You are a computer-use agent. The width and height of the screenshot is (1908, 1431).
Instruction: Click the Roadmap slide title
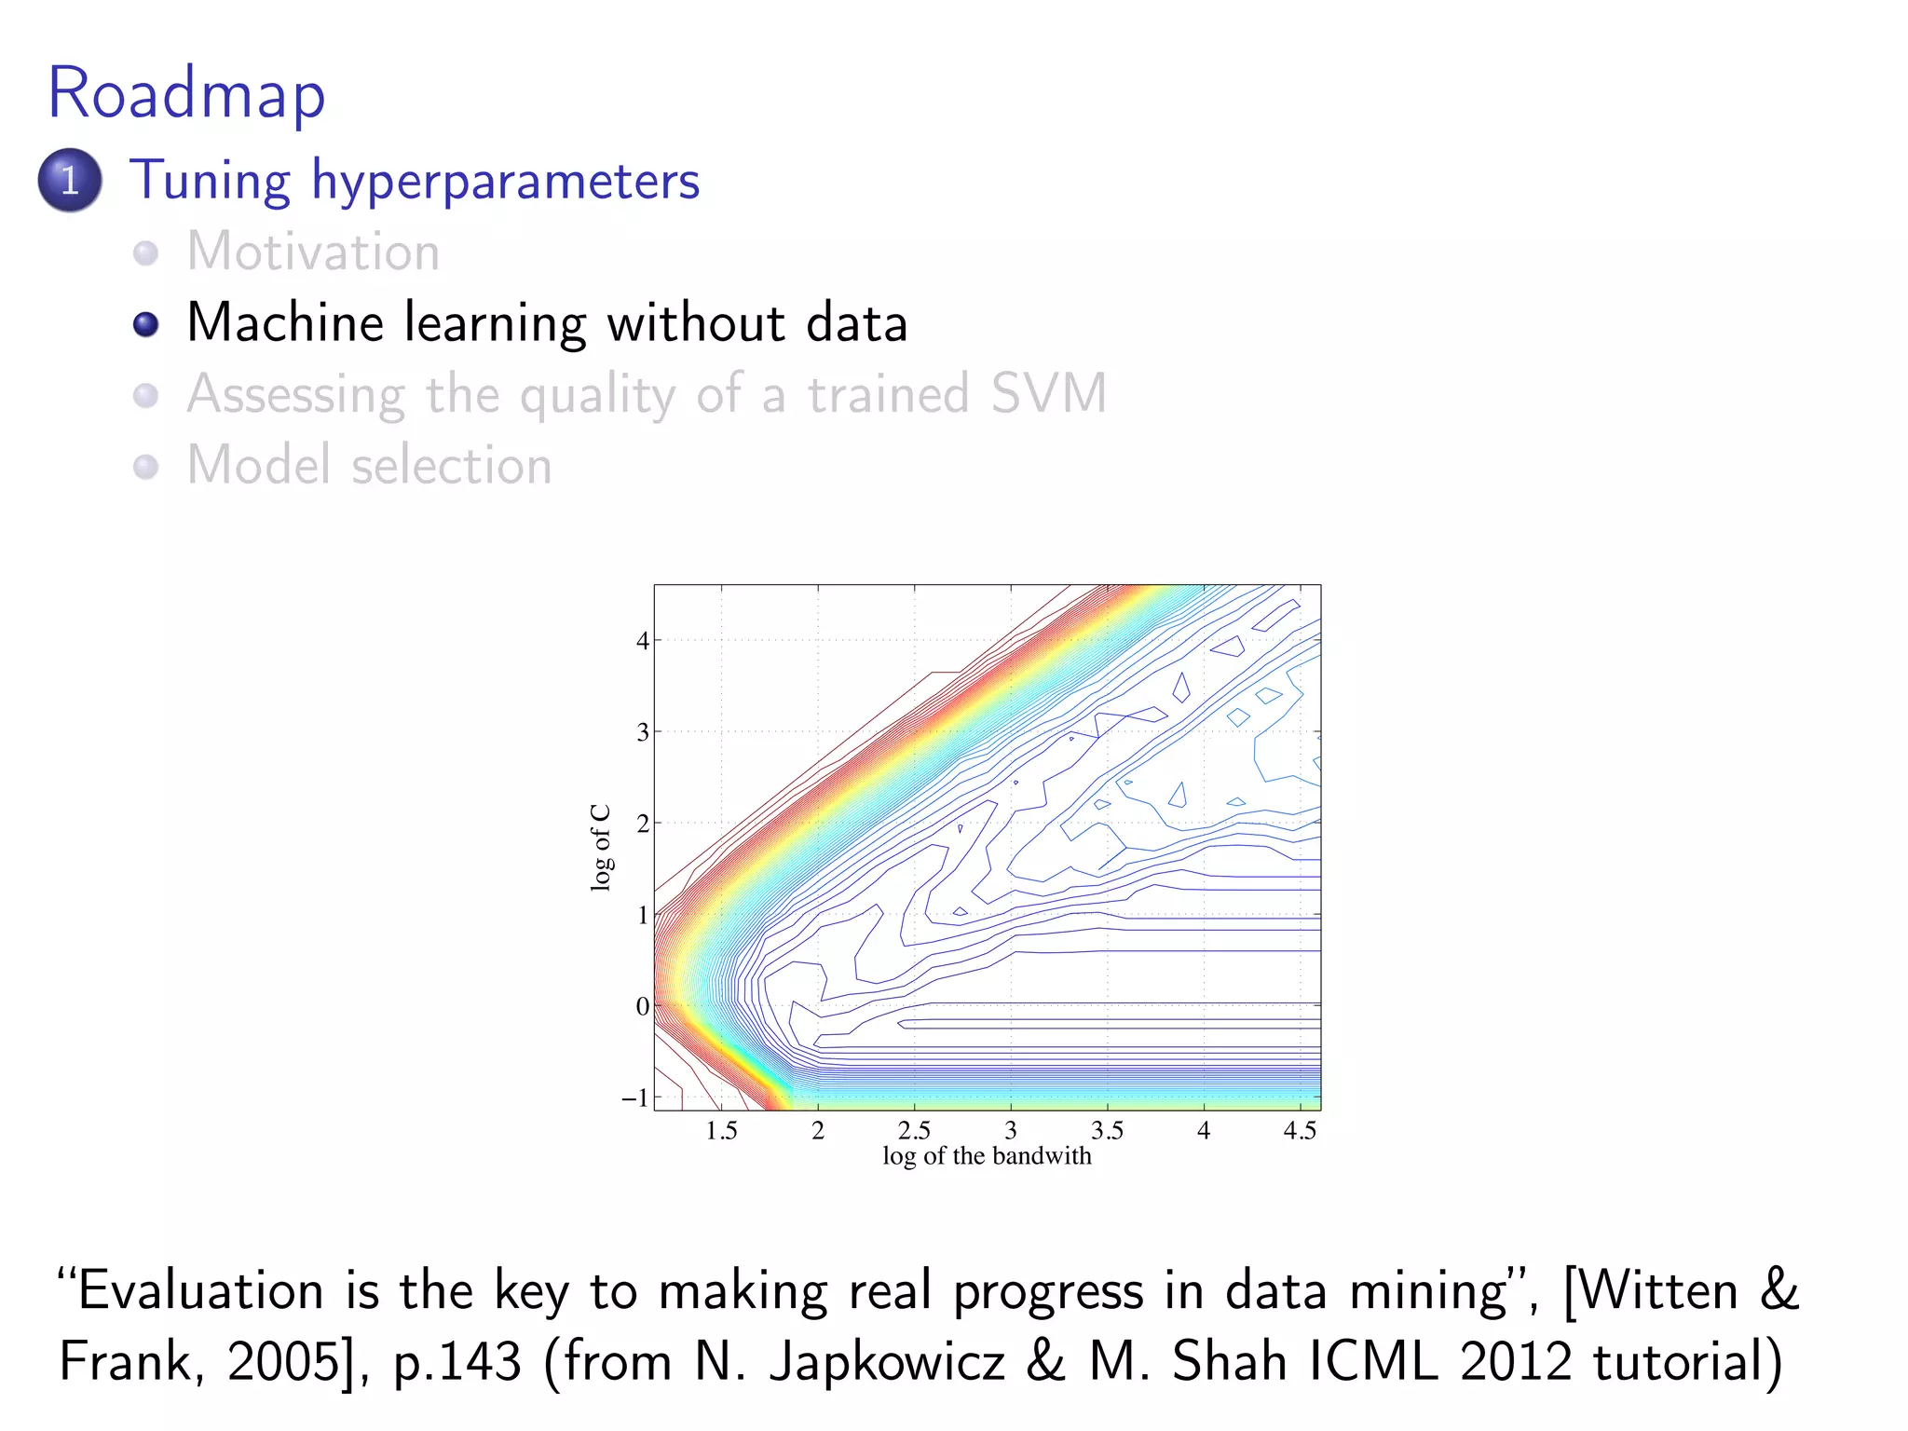[x=186, y=93]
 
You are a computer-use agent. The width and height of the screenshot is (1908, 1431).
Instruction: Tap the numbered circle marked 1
[x=70, y=180]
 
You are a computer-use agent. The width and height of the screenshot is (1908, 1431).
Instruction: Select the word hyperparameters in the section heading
[x=505, y=181]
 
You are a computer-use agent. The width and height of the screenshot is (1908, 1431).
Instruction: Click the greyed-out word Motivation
[x=313, y=252]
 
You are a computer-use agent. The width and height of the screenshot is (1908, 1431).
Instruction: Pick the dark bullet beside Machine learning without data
[x=146, y=324]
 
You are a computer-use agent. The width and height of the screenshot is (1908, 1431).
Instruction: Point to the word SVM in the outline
[x=1048, y=393]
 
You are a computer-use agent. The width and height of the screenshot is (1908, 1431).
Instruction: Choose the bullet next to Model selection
[x=146, y=466]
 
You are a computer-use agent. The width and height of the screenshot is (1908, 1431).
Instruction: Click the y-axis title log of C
[x=601, y=847]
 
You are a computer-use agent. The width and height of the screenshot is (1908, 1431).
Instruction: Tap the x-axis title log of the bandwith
[x=987, y=1156]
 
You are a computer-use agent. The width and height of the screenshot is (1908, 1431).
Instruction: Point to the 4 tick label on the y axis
[x=642, y=641]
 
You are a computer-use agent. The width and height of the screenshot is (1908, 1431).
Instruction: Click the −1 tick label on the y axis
[x=635, y=1097]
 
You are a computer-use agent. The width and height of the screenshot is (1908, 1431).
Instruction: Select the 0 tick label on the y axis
[x=642, y=1006]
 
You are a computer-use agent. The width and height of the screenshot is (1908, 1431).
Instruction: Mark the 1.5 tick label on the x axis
[x=721, y=1131]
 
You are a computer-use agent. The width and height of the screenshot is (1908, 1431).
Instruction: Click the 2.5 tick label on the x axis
[x=914, y=1131]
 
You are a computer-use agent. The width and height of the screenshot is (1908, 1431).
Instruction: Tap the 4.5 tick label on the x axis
[x=1300, y=1131]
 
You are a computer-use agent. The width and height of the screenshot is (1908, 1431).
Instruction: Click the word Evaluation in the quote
[x=199, y=1291]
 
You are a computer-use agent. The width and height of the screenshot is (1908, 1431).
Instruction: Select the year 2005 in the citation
[x=283, y=1362]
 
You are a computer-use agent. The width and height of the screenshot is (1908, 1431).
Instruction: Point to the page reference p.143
[x=457, y=1363]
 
